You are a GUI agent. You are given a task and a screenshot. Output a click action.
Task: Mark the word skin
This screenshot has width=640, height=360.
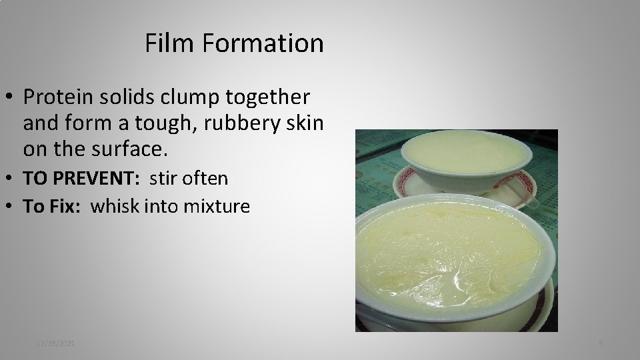pyautogui.click(x=306, y=123)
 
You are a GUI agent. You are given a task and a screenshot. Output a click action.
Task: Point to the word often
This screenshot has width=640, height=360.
pyautogui.click(x=206, y=179)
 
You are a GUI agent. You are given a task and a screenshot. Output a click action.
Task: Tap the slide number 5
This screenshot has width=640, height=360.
pyautogui.click(x=601, y=343)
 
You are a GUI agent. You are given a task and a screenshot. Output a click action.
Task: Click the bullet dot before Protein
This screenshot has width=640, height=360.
pyautogui.click(x=11, y=98)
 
